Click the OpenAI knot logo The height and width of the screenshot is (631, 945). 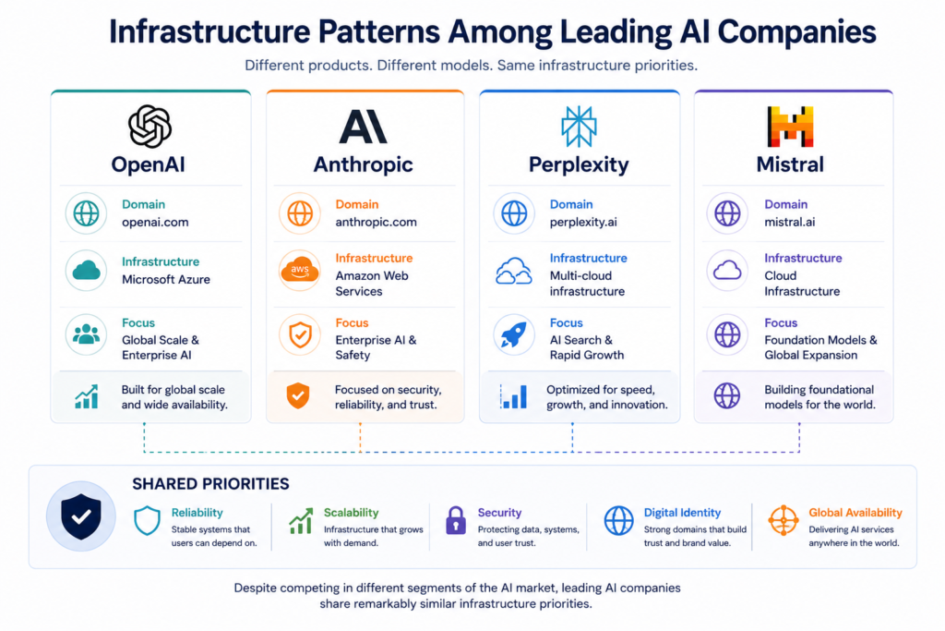click(150, 126)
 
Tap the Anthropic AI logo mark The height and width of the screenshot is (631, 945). click(364, 126)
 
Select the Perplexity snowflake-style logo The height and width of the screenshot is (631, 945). click(579, 127)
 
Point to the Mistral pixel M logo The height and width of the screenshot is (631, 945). click(790, 127)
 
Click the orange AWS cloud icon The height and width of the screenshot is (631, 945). click(300, 271)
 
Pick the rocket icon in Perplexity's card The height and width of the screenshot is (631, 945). click(513, 334)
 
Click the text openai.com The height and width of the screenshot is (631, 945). click(155, 222)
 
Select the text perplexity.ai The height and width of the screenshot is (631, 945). click(583, 222)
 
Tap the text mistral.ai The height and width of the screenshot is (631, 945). click(790, 222)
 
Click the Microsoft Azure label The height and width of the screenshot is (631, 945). click(166, 279)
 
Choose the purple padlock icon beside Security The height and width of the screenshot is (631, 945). click(456, 520)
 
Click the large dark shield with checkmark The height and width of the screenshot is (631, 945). click(81, 516)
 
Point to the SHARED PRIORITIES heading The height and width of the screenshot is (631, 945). click(210, 484)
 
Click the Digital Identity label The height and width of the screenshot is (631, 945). click(682, 512)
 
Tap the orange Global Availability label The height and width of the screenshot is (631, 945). click(855, 512)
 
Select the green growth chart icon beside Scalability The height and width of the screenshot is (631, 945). click(301, 521)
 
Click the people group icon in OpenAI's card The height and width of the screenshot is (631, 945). click(86, 334)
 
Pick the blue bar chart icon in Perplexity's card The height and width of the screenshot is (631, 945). click(513, 396)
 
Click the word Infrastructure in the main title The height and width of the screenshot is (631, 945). click(209, 31)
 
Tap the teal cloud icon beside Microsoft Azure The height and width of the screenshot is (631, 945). click(86, 271)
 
